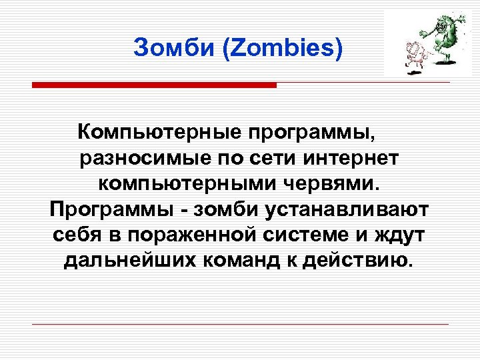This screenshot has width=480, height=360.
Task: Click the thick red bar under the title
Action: click(154, 85)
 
